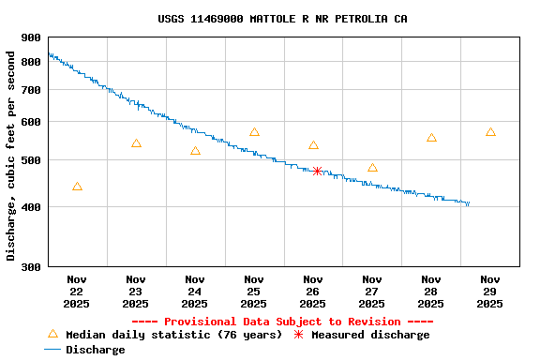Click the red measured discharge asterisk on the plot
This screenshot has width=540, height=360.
point(318,172)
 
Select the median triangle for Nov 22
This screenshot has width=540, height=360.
point(77,187)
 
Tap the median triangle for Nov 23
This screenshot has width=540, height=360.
point(136,143)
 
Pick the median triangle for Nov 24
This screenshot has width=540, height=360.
point(195,151)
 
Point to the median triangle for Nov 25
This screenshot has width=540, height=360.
point(254,132)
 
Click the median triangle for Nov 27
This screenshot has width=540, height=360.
point(372,168)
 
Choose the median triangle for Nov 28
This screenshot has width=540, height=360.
point(431,138)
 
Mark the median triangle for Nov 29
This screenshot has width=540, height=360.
point(490,132)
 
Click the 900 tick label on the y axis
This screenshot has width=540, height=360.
point(31,37)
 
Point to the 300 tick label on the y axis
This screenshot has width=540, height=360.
point(31,267)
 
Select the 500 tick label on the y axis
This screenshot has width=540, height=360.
point(31,160)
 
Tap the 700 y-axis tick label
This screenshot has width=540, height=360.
point(31,90)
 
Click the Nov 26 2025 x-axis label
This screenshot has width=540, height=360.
point(313,292)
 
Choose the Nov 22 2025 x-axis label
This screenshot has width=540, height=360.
point(77,292)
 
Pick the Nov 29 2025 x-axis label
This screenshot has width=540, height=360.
point(490,292)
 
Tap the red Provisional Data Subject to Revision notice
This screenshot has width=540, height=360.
point(282,322)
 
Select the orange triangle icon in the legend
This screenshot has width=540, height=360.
point(52,335)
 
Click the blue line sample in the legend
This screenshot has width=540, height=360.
point(52,350)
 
